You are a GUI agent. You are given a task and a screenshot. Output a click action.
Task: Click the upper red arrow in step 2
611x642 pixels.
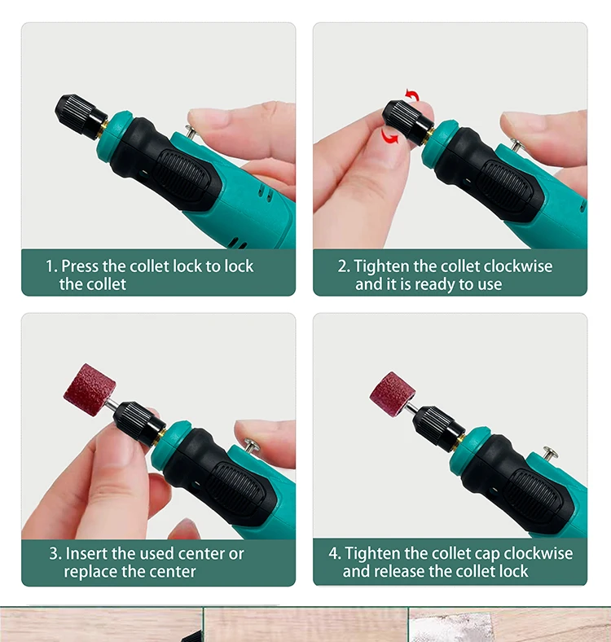coord(413,95)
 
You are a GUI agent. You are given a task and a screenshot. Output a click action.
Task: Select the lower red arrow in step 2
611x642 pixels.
coord(389,136)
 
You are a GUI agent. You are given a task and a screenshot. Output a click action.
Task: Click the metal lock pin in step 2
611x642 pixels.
coord(516,145)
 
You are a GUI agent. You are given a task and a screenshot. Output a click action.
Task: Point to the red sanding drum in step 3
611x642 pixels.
coord(90,389)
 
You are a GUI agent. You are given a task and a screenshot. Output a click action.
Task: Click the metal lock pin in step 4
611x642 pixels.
coord(550,454)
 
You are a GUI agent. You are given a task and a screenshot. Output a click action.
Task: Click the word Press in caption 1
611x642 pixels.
coord(80,266)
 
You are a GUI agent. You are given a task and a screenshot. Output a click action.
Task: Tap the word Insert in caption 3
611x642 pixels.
coord(86,553)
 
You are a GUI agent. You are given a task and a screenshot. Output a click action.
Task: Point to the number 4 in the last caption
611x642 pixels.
coord(332,553)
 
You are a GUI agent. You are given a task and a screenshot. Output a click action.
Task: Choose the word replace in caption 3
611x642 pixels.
coord(86,572)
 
